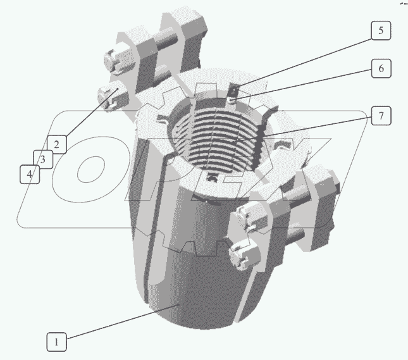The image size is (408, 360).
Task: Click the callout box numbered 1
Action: click(56, 342)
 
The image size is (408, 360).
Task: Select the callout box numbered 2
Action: click(56, 144)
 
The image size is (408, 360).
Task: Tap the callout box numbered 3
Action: click(43, 159)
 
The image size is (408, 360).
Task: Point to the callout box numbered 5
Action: click(380, 32)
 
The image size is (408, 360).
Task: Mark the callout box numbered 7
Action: click(380, 116)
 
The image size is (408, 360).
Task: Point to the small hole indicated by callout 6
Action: click(233, 97)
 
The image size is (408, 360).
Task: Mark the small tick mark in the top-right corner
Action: click(402, 3)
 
